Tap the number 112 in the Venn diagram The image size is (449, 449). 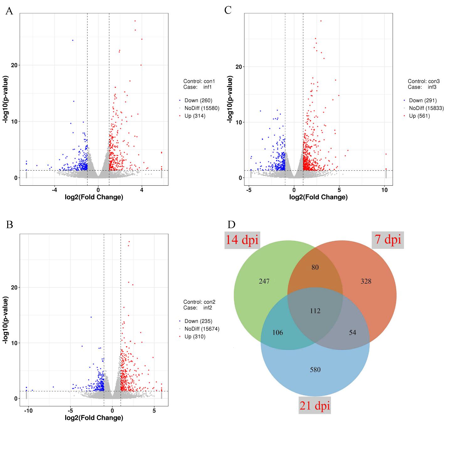pyautogui.click(x=315, y=311)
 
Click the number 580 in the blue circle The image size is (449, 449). pyautogui.click(x=315, y=370)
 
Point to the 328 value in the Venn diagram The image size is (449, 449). pyautogui.click(x=366, y=282)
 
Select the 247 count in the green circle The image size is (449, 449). pyautogui.click(x=264, y=282)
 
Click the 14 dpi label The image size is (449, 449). pyautogui.click(x=242, y=240)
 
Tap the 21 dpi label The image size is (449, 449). pyautogui.click(x=315, y=406)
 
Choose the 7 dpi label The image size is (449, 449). pyautogui.click(x=388, y=240)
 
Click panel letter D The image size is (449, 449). pyautogui.click(x=231, y=224)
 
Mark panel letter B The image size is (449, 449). pyautogui.click(x=9, y=225)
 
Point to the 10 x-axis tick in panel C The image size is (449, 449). pyautogui.click(x=385, y=190)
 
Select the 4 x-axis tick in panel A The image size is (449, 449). pyautogui.click(x=142, y=190)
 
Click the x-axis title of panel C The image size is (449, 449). pyautogui.click(x=318, y=198)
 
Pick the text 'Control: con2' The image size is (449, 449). pyautogui.click(x=199, y=302)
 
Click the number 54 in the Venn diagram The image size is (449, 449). pyautogui.click(x=352, y=333)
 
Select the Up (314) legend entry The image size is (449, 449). pyautogui.click(x=195, y=116)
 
